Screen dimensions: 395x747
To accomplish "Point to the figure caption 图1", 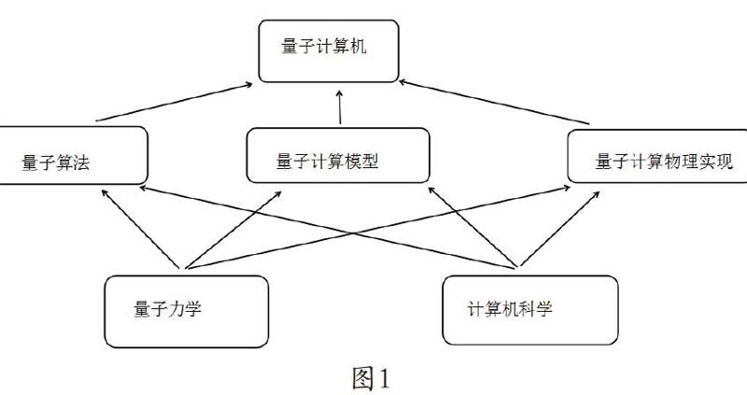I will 370,378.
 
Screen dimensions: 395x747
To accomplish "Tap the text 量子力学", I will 168,308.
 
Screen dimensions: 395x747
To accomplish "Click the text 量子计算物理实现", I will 664,161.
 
